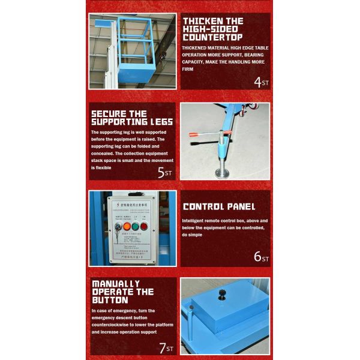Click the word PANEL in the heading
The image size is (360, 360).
tap(247, 207)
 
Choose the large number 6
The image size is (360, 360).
tap(257, 256)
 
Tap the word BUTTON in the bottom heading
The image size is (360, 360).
tap(110, 299)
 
